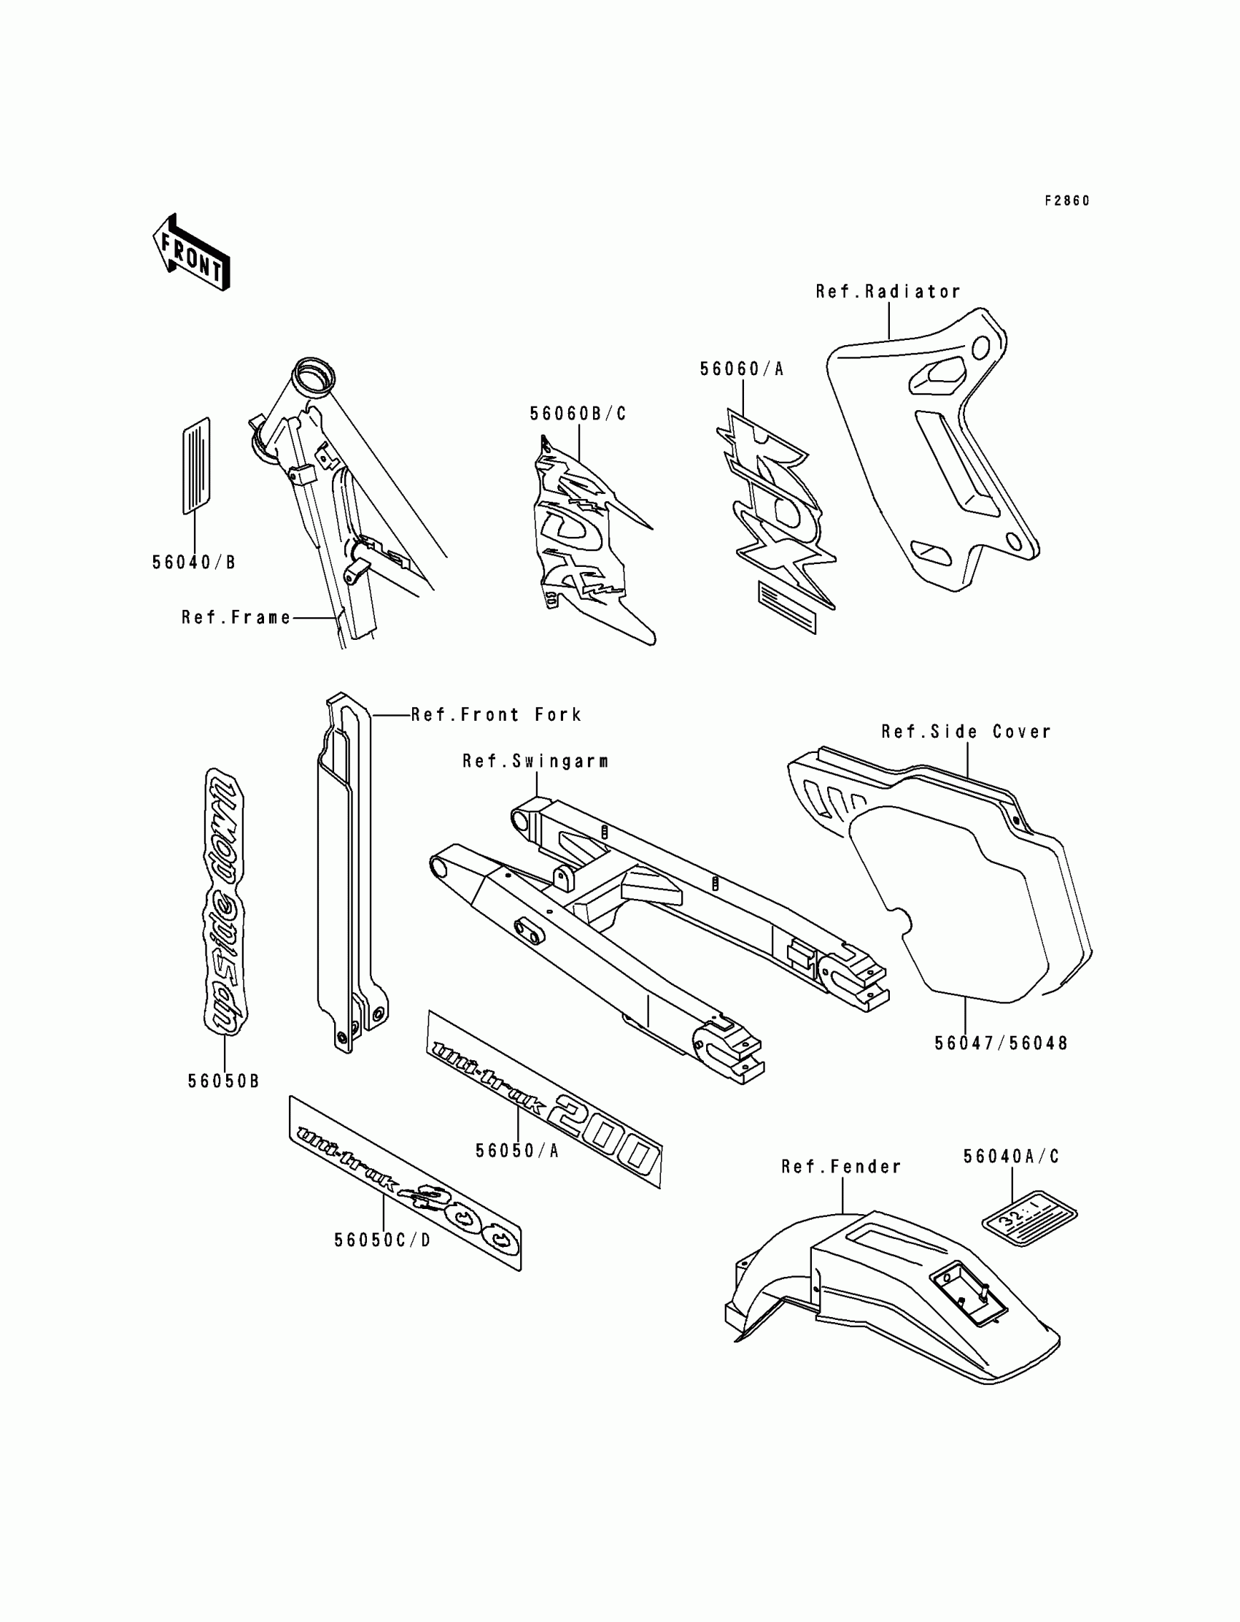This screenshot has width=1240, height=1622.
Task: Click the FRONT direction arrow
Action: pyautogui.click(x=191, y=253)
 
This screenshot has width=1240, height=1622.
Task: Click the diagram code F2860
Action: pyautogui.click(x=1066, y=201)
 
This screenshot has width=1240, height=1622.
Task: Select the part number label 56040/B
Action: pyautogui.click(x=193, y=563)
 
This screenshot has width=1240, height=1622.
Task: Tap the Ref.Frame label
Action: pyautogui.click(x=236, y=617)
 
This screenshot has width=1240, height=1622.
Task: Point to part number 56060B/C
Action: pyautogui.click(x=578, y=414)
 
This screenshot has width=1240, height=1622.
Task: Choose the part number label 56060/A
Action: pyautogui.click(x=742, y=369)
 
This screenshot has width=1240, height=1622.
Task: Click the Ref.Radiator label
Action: pyautogui.click(x=888, y=292)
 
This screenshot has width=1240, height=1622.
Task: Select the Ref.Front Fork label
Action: pyautogui.click(x=496, y=714)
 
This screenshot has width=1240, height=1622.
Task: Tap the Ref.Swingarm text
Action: pyautogui.click(x=535, y=761)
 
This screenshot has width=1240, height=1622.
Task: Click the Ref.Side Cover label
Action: pyautogui.click(x=966, y=732)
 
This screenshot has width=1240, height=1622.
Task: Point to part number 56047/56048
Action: pyautogui.click(x=1001, y=1043)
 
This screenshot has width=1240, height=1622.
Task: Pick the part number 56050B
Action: pyautogui.click(x=223, y=1081)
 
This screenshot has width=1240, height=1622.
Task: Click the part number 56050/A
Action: pyautogui.click(x=516, y=1150)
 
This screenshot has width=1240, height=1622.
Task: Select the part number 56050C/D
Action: pyautogui.click(x=382, y=1240)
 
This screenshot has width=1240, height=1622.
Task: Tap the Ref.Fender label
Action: pyautogui.click(x=842, y=1167)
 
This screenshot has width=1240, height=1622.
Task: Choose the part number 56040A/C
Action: pyautogui.click(x=1011, y=1157)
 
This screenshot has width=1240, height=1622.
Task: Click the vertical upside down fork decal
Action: pyautogui.click(x=224, y=900)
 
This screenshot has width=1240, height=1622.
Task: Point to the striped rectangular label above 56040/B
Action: pyautogui.click(x=195, y=465)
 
